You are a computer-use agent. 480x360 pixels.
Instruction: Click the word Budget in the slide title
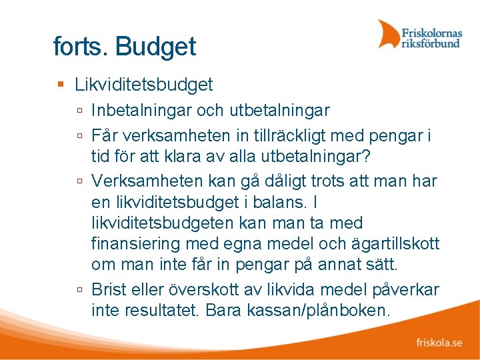pos(155,47)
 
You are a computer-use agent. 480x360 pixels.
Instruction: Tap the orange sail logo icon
pos(388,34)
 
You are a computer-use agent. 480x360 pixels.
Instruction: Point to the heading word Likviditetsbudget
pos(144,85)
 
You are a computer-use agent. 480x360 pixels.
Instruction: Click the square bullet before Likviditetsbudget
pos(61,85)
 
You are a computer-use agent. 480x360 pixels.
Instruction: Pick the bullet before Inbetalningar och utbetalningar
pos(79,110)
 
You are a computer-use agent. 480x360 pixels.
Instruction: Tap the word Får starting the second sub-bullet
pos(105,136)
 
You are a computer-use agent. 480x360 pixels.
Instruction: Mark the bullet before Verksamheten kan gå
pos(79,181)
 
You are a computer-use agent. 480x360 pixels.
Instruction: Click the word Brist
pos(111,290)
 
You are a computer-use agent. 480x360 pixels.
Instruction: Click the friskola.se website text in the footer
pos(439,343)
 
